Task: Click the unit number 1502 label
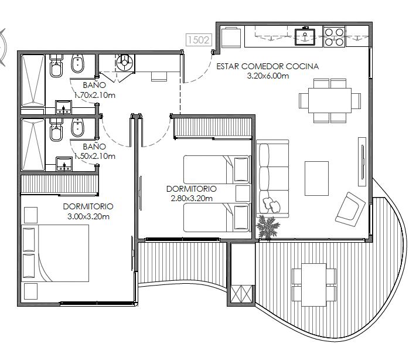(x=199, y=40)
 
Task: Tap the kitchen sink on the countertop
(x=305, y=37)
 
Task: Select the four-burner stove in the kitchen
(x=335, y=37)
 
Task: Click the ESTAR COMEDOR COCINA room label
(x=267, y=66)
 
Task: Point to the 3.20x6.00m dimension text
(x=268, y=76)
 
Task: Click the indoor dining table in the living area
(x=330, y=101)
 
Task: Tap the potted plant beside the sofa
(x=268, y=227)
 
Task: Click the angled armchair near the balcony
(x=350, y=209)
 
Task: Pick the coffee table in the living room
(x=316, y=178)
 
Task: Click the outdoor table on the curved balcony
(x=314, y=284)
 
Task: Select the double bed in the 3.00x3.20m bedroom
(x=55, y=253)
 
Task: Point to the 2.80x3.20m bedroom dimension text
(x=192, y=198)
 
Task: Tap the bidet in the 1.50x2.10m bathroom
(x=78, y=127)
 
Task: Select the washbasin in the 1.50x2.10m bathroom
(x=64, y=164)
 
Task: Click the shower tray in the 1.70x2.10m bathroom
(x=33, y=81)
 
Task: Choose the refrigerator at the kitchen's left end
(x=231, y=37)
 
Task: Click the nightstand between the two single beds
(x=243, y=193)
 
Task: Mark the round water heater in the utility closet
(x=125, y=63)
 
